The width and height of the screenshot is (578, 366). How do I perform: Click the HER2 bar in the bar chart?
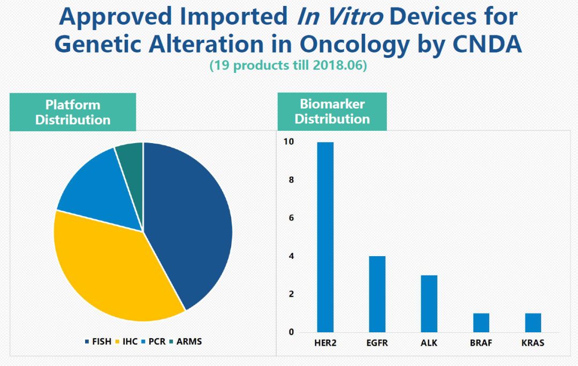[x=325, y=237]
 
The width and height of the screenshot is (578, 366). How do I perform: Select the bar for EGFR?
[x=377, y=294]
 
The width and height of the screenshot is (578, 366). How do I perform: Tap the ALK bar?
[x=429, y=303]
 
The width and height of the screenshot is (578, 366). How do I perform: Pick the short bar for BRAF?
[x=481, y=323]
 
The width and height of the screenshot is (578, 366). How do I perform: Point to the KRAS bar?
[x=533, y=323]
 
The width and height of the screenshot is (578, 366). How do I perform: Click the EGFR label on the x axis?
[x=377, y=343]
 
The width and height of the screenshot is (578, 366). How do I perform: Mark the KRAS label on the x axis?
[x=533, y=343]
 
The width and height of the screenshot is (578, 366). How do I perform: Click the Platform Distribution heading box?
[x=73, y=112]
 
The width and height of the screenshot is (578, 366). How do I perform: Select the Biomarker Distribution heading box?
[x=332, y=111]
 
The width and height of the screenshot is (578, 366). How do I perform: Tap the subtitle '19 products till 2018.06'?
[x=288, y=66]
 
